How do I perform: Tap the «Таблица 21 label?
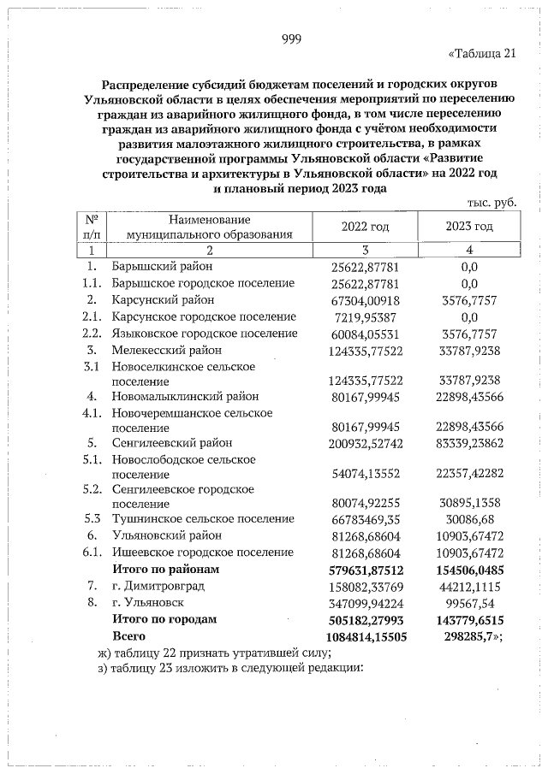coord(482,56)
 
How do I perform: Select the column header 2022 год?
coord(365,226)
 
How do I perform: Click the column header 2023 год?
coord(468,226)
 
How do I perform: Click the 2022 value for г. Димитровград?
coord(365,587)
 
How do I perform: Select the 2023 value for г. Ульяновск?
coord(468,603)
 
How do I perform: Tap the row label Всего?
coord(128,635)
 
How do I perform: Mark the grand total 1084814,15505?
coord(365,635)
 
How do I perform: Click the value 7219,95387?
coord(365,316)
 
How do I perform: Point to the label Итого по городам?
coord(165,619)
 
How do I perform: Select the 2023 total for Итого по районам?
coord(468,570)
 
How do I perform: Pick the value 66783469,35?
coord(365,519)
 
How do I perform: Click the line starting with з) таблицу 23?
coord(231,669)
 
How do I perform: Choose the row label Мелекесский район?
coord(166,350)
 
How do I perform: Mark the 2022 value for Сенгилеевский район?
coord(365,443)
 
